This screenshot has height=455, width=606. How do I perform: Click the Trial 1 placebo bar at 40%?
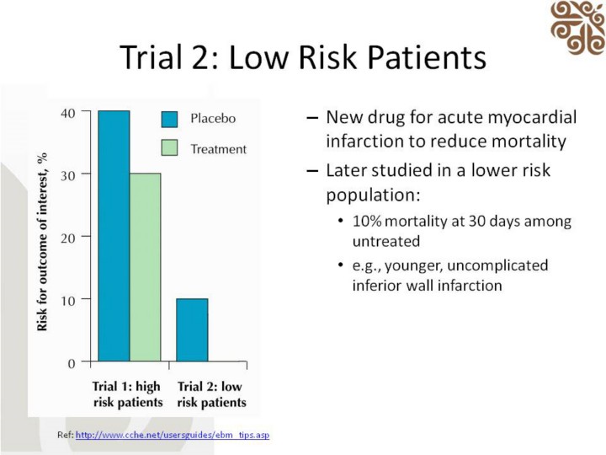[x=114, y=236]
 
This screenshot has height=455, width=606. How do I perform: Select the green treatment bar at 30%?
[x=145, y=268]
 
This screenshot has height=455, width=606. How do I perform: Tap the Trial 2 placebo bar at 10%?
[x=192, y=330]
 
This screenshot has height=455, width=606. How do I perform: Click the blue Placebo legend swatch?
[x=170, y=119]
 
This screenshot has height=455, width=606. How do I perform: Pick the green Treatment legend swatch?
[x=170, y=149]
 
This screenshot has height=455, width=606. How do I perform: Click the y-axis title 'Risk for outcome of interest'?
[x=42, y=241]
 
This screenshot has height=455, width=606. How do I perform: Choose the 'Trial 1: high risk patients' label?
[x=126, y=394]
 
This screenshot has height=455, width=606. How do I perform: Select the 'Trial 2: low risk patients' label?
[x=211, y=394]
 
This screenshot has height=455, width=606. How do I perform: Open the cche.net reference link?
[x=172, y=435]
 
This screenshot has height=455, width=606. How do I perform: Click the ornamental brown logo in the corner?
[x=577, y=28]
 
